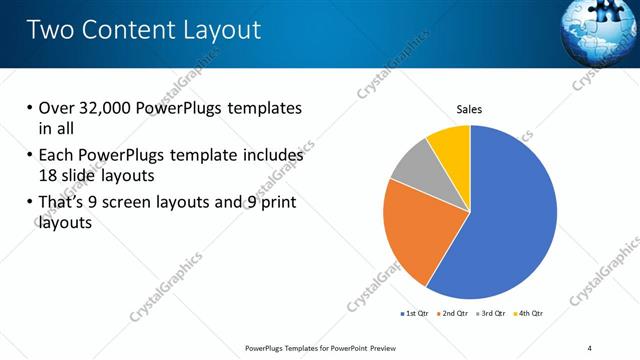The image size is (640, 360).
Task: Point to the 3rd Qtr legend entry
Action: pos(489,313)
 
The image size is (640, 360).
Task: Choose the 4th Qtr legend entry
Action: pos(527,313)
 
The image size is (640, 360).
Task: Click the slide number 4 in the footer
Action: pos(589,347)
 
